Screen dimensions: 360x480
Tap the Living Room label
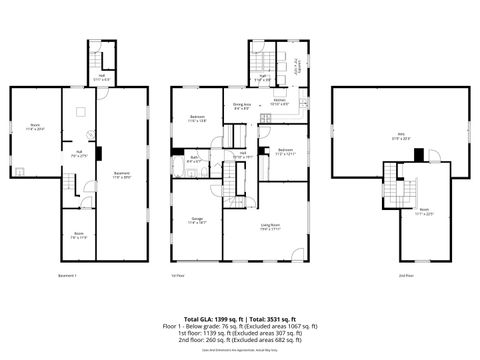270,227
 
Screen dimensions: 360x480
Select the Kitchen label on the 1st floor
280,102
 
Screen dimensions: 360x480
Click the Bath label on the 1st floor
194,158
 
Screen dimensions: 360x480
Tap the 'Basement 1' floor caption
68,275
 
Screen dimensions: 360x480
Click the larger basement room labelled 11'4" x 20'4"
34,128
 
